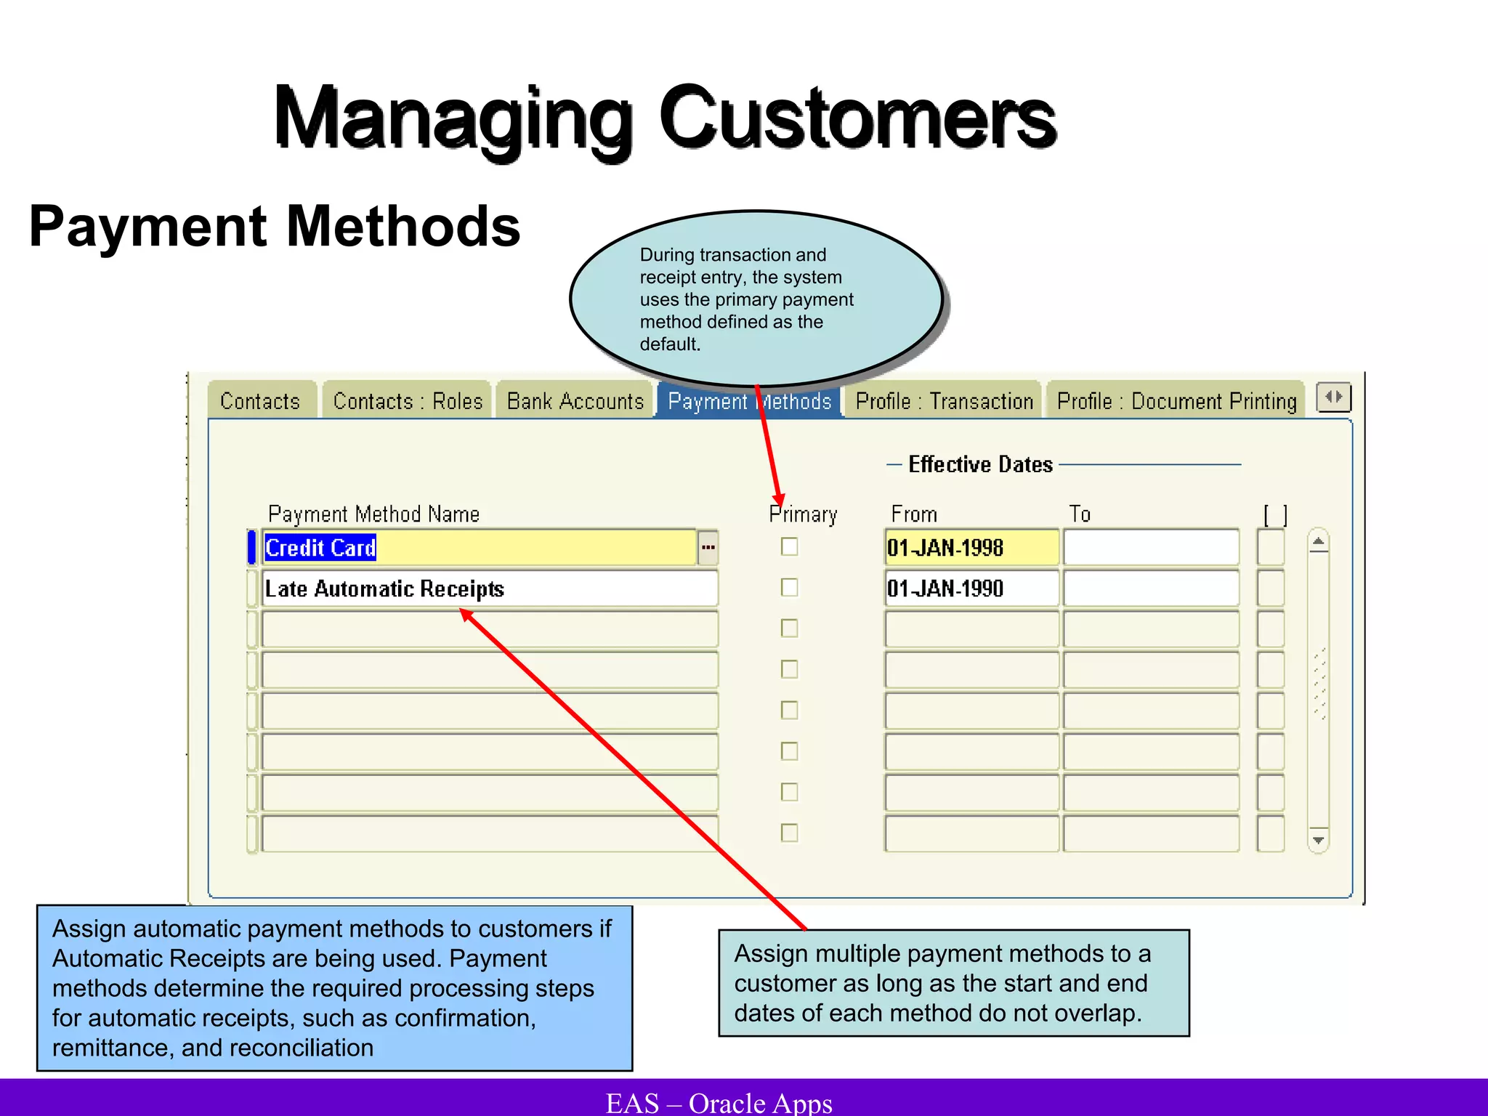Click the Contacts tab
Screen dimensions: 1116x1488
point(260,401)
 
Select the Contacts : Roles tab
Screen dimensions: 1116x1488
point(408,401)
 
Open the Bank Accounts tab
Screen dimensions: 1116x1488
point(575,401)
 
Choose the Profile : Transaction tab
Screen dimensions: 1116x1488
point(944,401)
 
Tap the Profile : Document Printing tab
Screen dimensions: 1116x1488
point(1176,401)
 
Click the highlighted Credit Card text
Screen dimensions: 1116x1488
point(320,548)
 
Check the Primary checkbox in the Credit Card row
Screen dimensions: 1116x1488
point(789,546)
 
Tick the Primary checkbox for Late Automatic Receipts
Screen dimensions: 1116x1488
point(789,587)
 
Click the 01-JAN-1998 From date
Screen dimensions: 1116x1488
point(945,548)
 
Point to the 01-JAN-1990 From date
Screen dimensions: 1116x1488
point(945,589)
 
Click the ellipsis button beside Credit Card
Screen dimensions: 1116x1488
point(708,548)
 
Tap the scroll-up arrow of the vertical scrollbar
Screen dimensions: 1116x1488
point(1318,542)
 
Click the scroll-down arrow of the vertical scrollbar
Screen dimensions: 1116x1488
point(1318,840)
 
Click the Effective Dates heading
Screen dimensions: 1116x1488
point(980,464)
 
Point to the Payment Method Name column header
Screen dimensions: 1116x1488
point(373,514)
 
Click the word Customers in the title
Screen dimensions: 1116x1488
point(857,118)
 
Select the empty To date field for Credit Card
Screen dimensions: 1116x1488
point(1151,548)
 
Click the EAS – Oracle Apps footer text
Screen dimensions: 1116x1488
point(719,1103)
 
